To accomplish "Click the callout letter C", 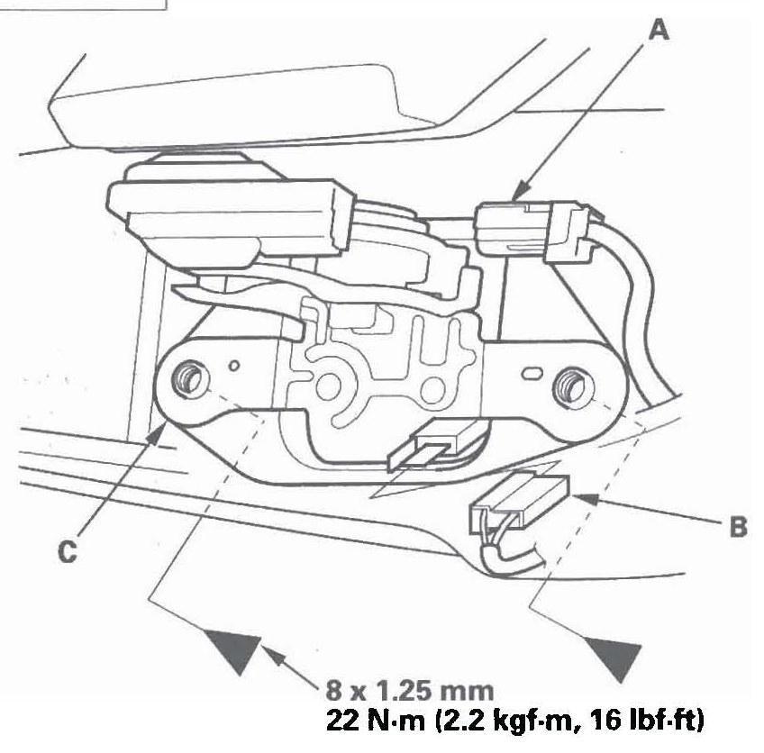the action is coord(68,552).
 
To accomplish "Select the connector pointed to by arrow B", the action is coord(519,505).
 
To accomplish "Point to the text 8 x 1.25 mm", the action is coord(410,691).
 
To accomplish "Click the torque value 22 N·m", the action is coord(376,720).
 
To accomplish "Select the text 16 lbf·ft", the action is coord(646,721).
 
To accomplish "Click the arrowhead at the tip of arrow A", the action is coord(522,189).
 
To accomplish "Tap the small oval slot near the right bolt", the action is coord(532,374).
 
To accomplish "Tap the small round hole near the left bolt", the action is coord(234,365).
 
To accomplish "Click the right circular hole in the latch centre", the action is coord(433,389).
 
